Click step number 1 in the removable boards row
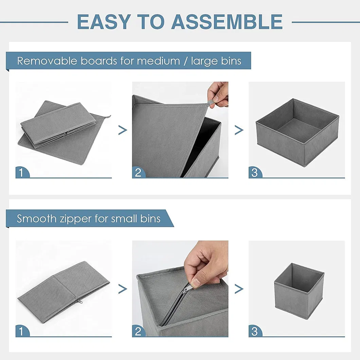coord(21,173)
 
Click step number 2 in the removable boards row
coord(138,173)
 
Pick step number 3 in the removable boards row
coord(254,173)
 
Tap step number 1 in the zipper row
coord(21,331)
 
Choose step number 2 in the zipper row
coord(138,331)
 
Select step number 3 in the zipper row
coord(254,331)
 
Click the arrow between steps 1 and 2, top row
coord(122,130)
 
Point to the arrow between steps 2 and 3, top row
coord(239,130)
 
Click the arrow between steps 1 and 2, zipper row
coord(122,289)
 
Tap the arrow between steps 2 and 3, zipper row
coord(239,289)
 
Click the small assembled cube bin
coord(299,290)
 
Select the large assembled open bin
coord(297,132)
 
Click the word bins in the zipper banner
coord(150,218)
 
